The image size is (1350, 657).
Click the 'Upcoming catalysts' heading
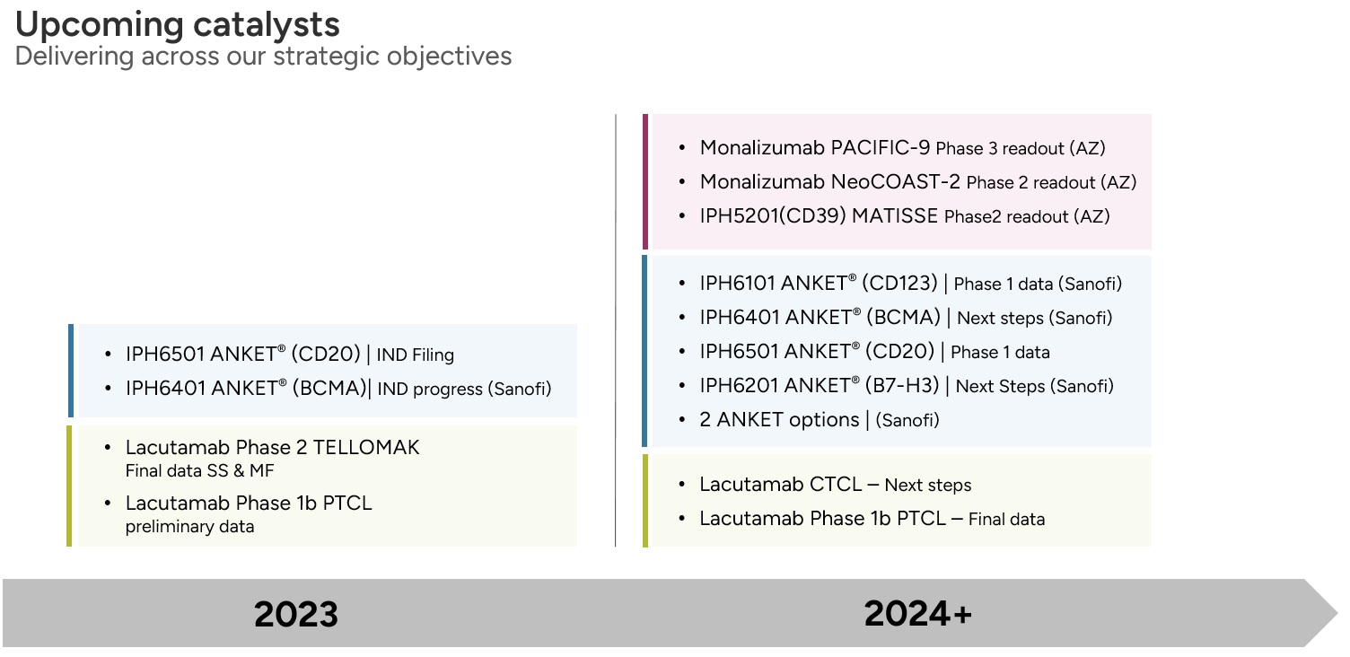[177, 25]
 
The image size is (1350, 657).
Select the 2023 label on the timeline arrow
[296, 614]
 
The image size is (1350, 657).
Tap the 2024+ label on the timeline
[918, 614]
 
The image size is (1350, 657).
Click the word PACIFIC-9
[880, 148]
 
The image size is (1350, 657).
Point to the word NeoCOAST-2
[895, 181]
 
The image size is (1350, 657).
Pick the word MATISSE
[894, 215]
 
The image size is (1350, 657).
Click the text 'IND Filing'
[416, 355]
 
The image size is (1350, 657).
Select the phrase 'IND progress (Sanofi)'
[464, 389]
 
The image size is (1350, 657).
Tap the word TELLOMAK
[366, 447]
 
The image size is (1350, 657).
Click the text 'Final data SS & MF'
[199, 470]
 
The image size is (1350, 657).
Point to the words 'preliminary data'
[190, 527]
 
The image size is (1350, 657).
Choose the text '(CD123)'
[899, 283]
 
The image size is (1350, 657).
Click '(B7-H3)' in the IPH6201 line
[902, 385]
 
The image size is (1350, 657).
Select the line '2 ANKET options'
[779, 419]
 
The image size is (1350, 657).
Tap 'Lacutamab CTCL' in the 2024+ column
[781, 484]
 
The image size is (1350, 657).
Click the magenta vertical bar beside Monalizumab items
[645, 181]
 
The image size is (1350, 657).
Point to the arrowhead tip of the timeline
[1337, 614]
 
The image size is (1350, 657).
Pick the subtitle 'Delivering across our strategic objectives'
[263, 57]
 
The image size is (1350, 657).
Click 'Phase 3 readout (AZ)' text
[1021, 148]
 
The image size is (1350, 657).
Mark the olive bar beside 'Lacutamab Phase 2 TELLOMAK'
[69, 486]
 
